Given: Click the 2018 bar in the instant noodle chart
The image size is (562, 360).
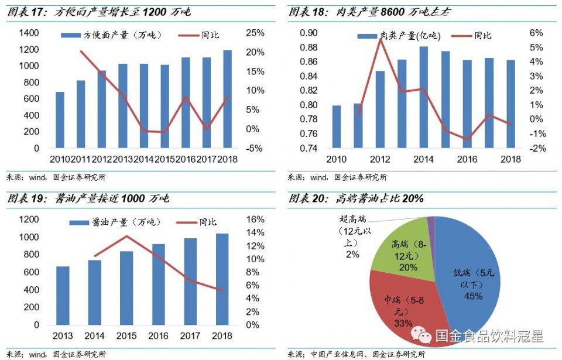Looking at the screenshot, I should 227,100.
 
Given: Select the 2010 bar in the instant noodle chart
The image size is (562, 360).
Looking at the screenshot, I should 60,120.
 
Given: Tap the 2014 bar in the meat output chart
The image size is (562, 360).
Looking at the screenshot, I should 424,97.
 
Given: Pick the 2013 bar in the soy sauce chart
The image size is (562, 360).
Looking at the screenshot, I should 62,296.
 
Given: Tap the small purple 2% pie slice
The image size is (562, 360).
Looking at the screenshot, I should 431,221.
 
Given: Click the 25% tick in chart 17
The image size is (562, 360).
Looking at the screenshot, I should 255,33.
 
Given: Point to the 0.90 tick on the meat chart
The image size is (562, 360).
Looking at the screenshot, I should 309,33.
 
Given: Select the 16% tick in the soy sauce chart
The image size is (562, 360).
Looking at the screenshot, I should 256,220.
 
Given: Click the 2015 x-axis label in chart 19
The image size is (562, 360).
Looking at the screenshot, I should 127,336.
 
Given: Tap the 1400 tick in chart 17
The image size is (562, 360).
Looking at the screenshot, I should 29,33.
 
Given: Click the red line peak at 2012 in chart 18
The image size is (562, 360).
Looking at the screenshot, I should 379,40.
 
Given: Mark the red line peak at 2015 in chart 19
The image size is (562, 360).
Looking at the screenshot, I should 127,236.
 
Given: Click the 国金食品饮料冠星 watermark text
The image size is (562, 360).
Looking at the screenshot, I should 489,336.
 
